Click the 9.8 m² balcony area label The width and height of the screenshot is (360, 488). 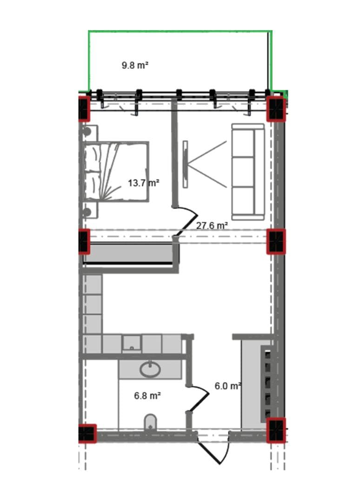click(135, 66)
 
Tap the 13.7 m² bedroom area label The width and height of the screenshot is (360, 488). click(144, 183)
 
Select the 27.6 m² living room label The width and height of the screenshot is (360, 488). click(212, 225)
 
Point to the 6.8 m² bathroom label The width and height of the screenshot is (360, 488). click(147, 396)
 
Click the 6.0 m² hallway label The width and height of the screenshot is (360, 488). click(228, 386)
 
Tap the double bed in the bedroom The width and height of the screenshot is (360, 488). click(116, 172)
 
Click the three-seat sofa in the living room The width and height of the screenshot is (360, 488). click(248, 172)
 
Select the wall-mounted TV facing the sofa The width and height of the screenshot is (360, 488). click(185, 164)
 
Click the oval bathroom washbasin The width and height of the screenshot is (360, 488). click(150, 369)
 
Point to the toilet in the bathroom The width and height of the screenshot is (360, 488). click(150, 422)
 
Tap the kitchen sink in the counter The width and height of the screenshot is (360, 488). click(132, 343)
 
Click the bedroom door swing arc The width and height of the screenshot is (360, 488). click(186, 222)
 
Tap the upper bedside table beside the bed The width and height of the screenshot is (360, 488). click(90, 133)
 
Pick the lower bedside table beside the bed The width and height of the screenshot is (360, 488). click(90, 211)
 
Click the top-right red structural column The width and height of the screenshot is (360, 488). click(276, 108)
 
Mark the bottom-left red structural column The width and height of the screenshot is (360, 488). click(87, 433)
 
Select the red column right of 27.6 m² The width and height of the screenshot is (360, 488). click(276, 242)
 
